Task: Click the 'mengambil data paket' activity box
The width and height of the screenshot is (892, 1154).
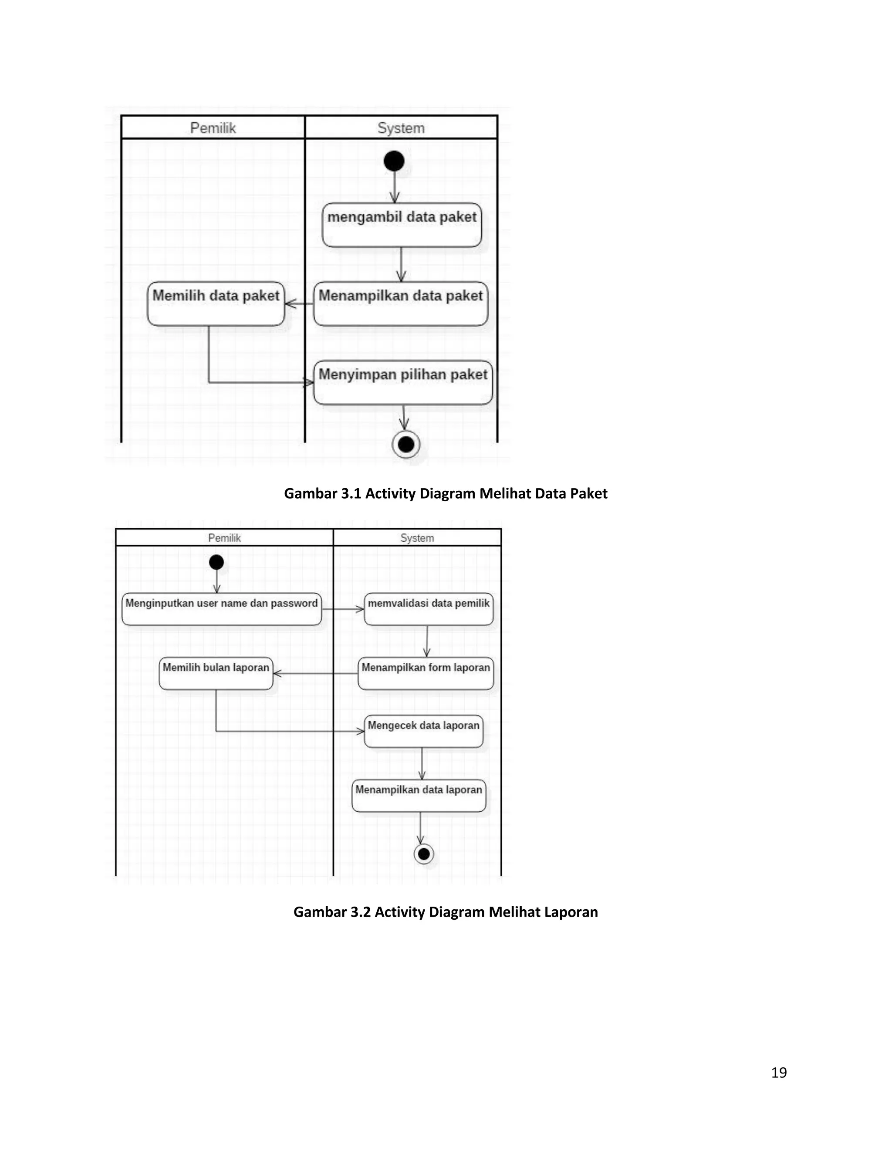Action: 402,225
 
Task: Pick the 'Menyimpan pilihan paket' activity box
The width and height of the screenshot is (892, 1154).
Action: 403,382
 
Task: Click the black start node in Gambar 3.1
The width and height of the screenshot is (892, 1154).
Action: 394,161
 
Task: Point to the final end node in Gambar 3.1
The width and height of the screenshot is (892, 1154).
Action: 406,444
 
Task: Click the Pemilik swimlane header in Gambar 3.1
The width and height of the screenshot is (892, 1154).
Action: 213,128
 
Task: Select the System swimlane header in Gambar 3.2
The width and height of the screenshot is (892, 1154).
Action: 417,538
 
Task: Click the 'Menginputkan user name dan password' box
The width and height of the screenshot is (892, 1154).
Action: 221,609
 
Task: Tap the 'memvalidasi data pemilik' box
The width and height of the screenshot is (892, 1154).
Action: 429,609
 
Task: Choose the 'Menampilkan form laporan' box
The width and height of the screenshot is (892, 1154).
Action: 426,673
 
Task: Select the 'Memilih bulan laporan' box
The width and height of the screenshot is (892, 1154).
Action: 216,673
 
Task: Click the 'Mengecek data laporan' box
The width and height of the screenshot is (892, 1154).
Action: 423,731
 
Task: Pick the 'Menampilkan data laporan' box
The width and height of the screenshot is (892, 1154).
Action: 419,795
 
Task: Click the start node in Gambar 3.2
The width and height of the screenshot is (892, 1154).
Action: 216,562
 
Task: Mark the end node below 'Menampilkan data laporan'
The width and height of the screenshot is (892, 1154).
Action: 424,854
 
